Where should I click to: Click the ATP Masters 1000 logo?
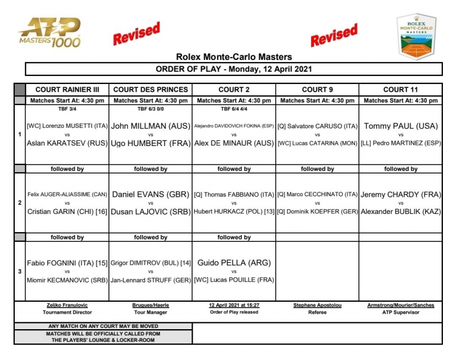[x=49, y=33]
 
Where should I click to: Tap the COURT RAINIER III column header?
[x=67, y=90]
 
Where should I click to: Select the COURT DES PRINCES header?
[x=150, y=90]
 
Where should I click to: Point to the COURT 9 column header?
[x=317, y=90]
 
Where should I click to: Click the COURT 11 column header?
[x=400, y=90]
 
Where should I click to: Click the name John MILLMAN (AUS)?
[x=150, y=126]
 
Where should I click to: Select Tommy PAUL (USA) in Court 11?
[x=400, y=126]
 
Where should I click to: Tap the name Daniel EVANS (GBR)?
[x=150, y=195]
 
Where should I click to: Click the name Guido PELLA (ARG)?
[x=234, y=262]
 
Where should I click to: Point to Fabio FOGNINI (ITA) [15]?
[x=67, y=263]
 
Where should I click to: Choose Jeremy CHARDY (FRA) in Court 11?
[x=400, y=195]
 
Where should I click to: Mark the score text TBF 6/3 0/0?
[x=150, y=108]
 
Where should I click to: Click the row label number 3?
[x=20, y=272]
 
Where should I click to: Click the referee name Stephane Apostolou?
[x=317, y=305]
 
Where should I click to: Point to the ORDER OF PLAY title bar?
[x=234, y=69]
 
